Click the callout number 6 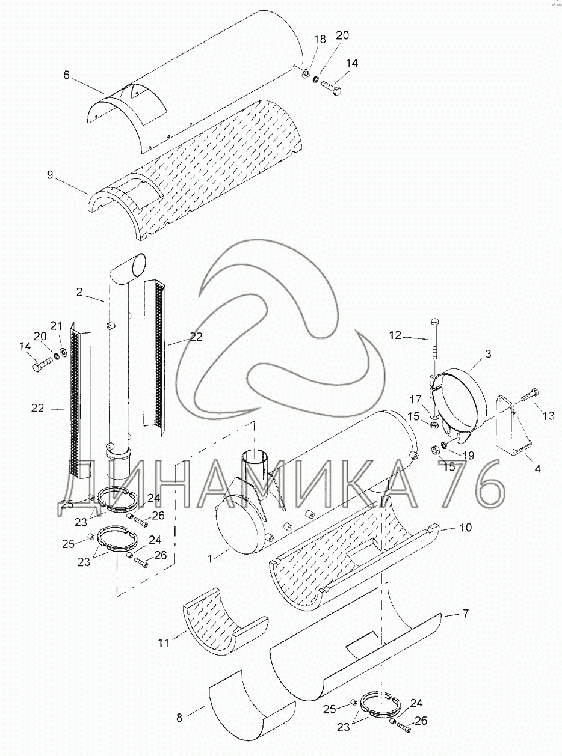point(66,75)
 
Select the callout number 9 point(50,175)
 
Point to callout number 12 point(395,335)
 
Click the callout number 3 point(488,354)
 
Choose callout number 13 point(548,415)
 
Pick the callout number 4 point(537,469)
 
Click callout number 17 point(416,399)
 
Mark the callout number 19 point(467,455)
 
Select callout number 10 point(466,527)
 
